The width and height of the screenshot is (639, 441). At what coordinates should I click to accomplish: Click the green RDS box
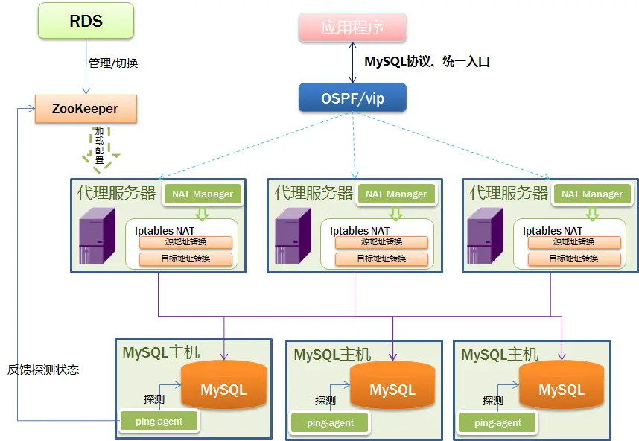pyautogui.click(x=86, y=21)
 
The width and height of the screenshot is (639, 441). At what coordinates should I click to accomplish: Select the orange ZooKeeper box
pyautogui.click(x=86, y=109)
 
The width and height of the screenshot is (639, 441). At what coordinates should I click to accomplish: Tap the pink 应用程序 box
pyautogui.click(x=352, y=28)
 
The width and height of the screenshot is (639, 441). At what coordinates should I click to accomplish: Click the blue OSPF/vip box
pyautogui.click(x=352, y=98)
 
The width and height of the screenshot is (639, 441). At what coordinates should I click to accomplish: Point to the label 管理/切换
pyautogui.click(x=113, y=63)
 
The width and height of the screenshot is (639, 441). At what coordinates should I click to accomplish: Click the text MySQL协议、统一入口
pyautogui.click(x=427, y=62)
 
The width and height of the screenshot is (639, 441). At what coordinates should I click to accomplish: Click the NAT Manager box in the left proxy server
pyautogui.click(x=203, y=194)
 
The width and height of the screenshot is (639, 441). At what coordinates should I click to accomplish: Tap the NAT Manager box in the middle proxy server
pyautogui.click(x=396, y=194)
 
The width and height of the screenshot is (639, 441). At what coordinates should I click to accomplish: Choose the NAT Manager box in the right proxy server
pyautogui.click(x=592, y=194)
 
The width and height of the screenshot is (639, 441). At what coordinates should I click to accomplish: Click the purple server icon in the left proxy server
pyautogui.click(x=97, y=235)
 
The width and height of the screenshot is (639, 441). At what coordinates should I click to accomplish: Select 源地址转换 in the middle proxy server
pyautogui.click(x=381, y=242)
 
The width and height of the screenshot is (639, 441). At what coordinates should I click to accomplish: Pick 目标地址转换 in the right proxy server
pyautogui.click(x=574, y=258)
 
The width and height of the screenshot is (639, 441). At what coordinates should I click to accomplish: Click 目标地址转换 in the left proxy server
pyautogui.click(x=186, y=258)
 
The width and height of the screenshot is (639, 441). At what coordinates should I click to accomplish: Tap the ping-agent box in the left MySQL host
pyautogui.click(x=159, y=421)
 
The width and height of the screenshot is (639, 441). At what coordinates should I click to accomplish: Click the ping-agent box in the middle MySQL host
pyautogui.click(x=330, y=422)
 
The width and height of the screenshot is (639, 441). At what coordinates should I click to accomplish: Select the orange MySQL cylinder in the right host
pyautogui.click(x=561, y=386)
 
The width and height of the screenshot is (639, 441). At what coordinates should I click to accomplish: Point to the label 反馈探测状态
pyautogui.click(x=43, y=369)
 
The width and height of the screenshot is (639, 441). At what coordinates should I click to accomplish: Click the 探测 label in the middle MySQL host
pyautogui.click(x=325, y=401)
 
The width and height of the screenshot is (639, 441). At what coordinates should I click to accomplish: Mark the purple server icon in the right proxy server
pyautogui.click(x=485, y=235)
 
